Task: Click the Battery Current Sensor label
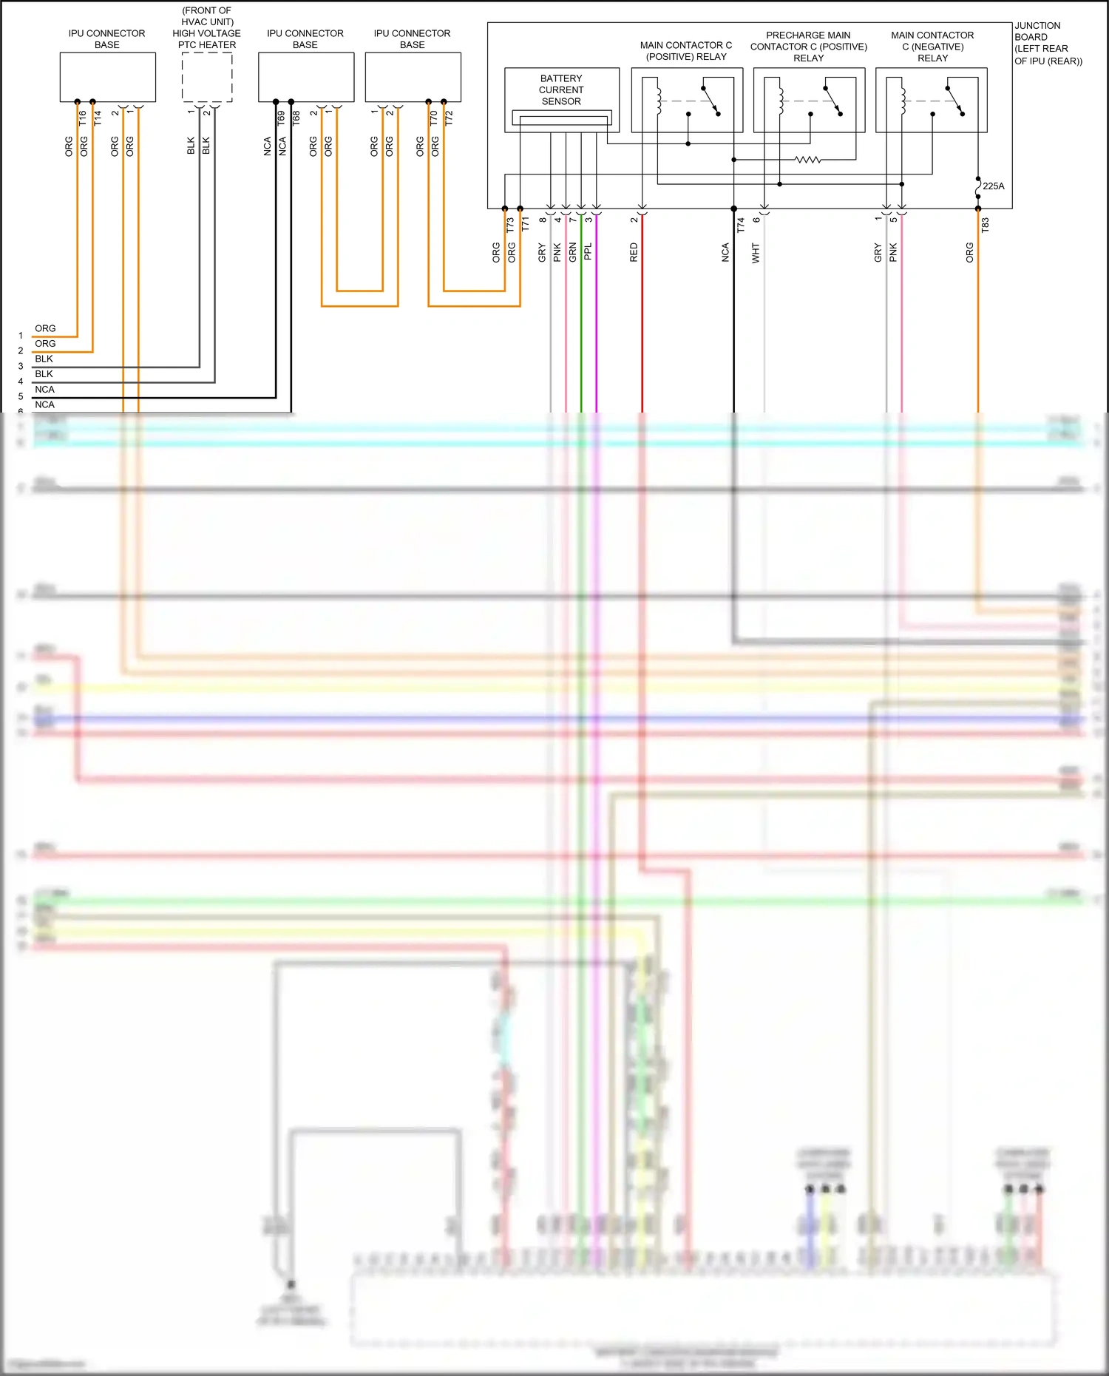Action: click(x=560, y=89)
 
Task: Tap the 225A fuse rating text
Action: click(x=993, y=186)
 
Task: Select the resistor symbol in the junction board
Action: click(x=807, y=159)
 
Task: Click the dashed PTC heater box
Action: click(x=207, y=77)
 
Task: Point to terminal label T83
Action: click(x=985, y=225)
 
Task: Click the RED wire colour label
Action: click(x=634, y=252)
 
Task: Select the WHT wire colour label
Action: click(x=756, y=253)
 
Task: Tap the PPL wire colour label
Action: click(x=589, y=251)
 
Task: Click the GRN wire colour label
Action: click(x=573, y=252)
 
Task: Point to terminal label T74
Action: click(x=741, y=225)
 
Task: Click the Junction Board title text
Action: click(x=1048, y=43)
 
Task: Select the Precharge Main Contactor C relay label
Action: click(x=808, y=47)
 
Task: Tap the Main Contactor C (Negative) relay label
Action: click(x=932, y=47)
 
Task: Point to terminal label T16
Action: click(x=82, y=118)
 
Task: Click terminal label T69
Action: click(x=281, y=118)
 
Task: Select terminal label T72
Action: click(x=449, y=118)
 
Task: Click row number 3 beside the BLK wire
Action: click(x=21, y=366)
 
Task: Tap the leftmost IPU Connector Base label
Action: click(x=107, y=39)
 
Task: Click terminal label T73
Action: click(x=510, y=225)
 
